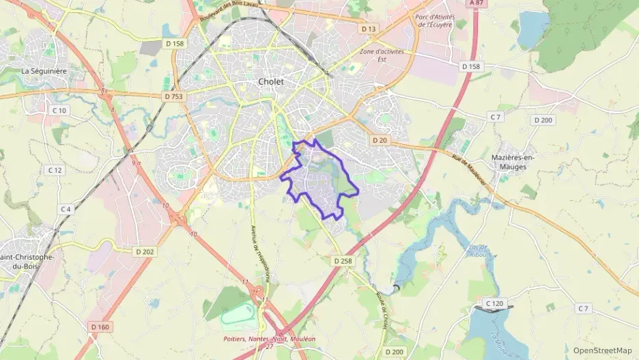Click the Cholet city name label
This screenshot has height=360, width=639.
pos(270,81)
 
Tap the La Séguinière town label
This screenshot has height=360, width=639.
pos(42,70)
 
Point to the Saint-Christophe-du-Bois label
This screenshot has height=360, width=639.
pos(27,261)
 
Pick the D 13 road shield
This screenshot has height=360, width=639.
pos(369,29)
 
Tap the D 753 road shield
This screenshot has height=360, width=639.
pos(174,97)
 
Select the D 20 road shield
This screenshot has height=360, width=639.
pos(380,140)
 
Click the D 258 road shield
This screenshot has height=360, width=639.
pos(342,261)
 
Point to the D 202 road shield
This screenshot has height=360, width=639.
pos(145,251)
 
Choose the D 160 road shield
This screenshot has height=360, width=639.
pos(100,327)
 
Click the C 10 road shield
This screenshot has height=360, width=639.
pos(60,110)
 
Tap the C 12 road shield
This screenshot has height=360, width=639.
pos(55,169)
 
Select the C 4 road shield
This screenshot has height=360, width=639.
pos(65,209)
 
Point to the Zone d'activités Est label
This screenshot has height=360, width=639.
pos(382,55)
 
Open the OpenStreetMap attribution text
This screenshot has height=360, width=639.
pos(602,350)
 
